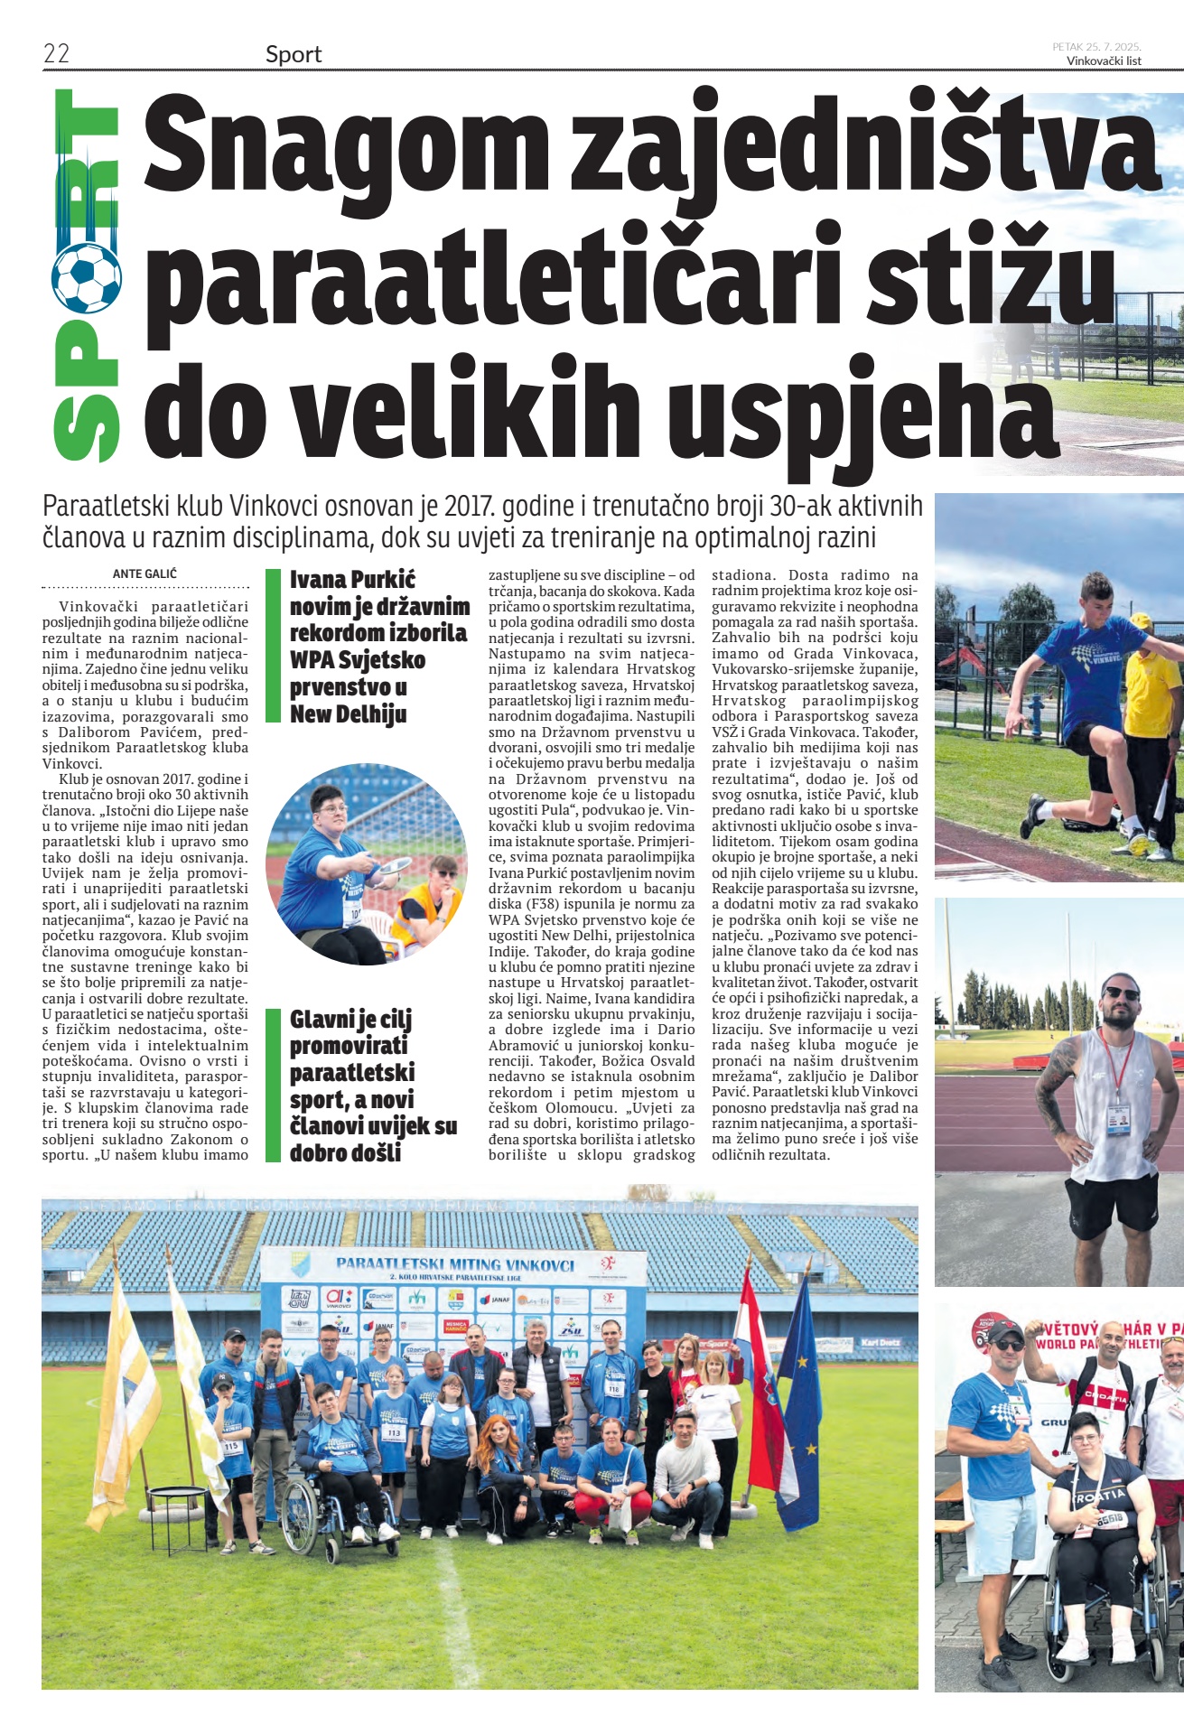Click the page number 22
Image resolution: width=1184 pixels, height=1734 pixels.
[x=56, y=53]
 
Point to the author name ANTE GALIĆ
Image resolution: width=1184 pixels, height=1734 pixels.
[x=145, y=573]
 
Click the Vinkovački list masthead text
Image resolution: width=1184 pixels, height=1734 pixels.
[x=1103, y=61]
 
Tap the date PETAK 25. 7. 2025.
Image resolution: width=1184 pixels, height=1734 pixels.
[x=1096, y=46]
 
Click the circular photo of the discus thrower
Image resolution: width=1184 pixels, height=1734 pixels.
[x=366, y=864]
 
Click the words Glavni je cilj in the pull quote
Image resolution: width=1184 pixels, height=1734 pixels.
[x=350, y=1020]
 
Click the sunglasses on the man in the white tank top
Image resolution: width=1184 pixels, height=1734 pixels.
[x=1122, y=993]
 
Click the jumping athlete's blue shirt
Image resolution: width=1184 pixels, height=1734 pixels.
[x=1084, y=667]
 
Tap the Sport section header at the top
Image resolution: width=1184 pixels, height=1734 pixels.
[x=294, y=54]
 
